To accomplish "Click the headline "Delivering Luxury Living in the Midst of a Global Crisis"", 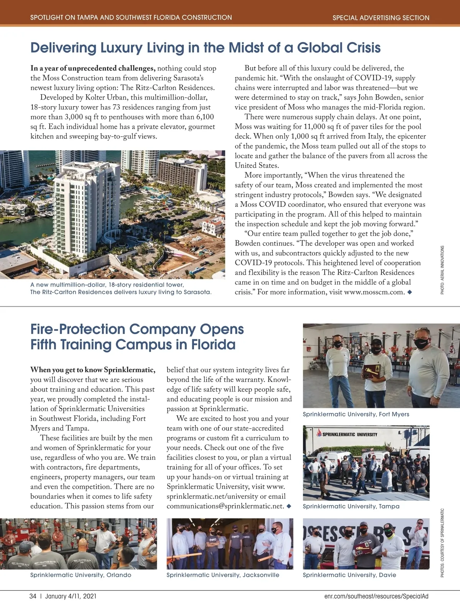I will click(x=205, y=48).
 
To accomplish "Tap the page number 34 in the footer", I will click(x=33, y=596).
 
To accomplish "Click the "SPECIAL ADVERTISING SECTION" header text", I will click(x=381, y=18).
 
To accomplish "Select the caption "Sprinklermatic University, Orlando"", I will click(x=80, y=575).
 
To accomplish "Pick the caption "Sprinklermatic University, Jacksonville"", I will click(x=223, y=575).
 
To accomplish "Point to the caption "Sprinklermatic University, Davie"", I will click(x=349, y=575).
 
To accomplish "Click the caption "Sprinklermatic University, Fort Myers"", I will click(x=356, y=414).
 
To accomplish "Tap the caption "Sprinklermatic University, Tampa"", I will click(x=351, y=506).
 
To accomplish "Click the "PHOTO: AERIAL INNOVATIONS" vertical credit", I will click(x=442, y=270).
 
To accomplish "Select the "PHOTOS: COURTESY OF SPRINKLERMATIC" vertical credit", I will click(x=442, y=543).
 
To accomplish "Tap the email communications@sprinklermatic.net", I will click(x=225, y=506).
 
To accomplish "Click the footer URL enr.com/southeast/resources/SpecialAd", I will click(x=376, y=596).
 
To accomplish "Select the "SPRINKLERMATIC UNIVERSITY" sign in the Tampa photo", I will click(x=347, y=434).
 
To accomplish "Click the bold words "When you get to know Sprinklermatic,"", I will click(x=93, y=370).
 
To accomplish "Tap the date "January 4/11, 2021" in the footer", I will click(x=71, y=596).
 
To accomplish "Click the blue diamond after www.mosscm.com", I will click(x=409, y=292).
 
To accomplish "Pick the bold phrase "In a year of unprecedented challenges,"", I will click(x=93, y=68).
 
